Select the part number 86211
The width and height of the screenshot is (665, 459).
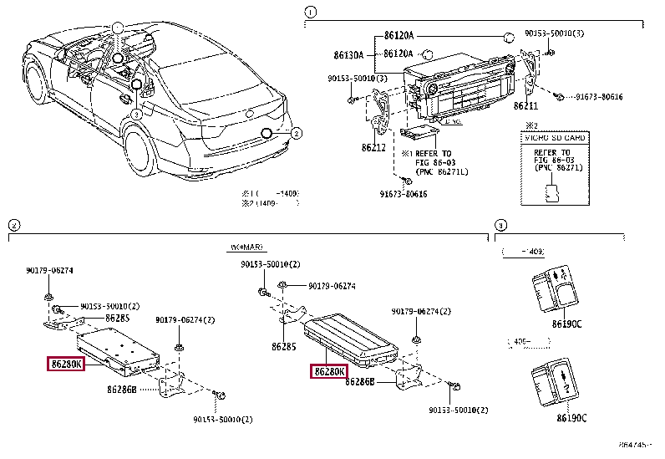[x=525, y=107]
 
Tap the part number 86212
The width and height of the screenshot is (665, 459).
[x=373, y=147]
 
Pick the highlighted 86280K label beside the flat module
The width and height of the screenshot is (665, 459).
[x=65, y=364]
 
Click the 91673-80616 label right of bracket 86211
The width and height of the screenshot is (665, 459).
[x=599, y=97]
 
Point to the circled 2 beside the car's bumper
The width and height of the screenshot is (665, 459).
[x=296, y=133]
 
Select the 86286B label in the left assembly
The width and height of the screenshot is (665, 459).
[x=124, y=390]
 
